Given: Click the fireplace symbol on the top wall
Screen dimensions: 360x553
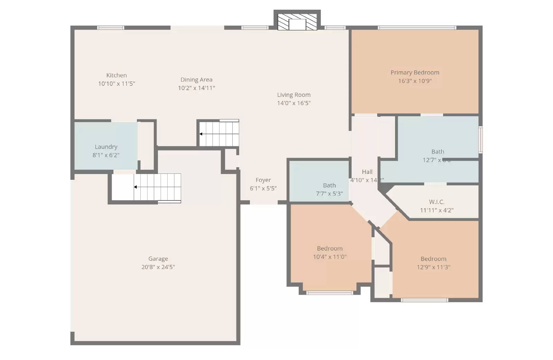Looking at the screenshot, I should (x=297, y=22).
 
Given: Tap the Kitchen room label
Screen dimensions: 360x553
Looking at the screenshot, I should (x=116, y=75).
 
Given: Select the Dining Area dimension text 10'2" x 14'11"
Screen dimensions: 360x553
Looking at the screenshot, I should (x=196, y=88).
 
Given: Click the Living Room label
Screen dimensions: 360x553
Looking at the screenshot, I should (x=294, y=95).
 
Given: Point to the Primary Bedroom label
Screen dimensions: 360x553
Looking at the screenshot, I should (x=415, y=73).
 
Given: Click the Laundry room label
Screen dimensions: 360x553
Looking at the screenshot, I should (x=106, y=147).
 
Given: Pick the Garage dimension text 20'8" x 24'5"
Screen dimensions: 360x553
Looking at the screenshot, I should (x=158, y=267).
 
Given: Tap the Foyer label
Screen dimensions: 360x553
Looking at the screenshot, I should (x=263, y=180).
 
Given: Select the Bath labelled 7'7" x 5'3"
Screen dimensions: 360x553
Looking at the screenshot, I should (x=329, y=186).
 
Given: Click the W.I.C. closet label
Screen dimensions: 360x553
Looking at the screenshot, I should (x=437, y=202).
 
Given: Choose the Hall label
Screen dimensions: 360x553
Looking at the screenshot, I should (x=367, y=172).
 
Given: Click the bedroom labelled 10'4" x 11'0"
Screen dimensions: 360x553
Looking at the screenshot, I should (x=330, y=249).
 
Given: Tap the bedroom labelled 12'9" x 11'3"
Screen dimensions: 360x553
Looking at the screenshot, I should (x=433, y=259).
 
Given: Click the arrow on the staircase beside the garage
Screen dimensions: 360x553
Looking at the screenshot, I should (x=135, y=187).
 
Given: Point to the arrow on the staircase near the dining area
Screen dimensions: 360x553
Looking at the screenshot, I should (x=201, y=134).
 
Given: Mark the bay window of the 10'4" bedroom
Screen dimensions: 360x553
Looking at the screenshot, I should (x=330, y=293).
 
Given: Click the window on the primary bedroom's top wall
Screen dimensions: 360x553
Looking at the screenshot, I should (x=417, y=28).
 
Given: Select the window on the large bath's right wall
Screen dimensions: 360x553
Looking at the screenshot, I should (x=480, y=140).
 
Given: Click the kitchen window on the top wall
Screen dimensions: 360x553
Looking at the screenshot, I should (x=111, y=28).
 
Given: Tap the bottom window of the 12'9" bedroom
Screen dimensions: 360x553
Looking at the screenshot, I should (x=424, y=300).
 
